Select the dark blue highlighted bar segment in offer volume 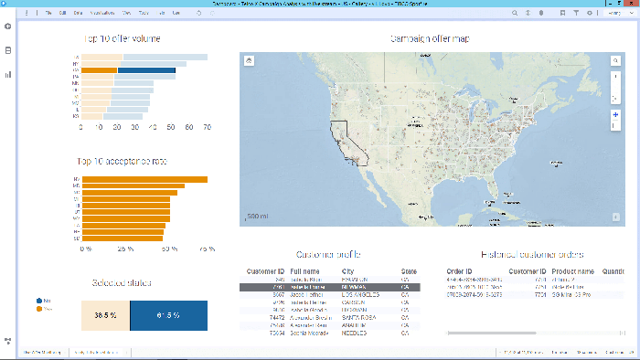click(157, 70)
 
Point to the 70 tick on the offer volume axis click(207, 128)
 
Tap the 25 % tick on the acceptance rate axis click(123, 248)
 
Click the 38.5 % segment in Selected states click(105, 314)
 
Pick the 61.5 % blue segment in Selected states click(167, 314)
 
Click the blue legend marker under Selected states click(39, 300)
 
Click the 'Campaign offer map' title click(430, 39)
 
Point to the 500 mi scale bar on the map click(257, 217)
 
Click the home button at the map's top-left click(249, 60)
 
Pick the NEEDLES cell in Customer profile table click(356, 334)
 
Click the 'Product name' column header click(572, 271)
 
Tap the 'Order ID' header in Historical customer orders click(459, 271)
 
